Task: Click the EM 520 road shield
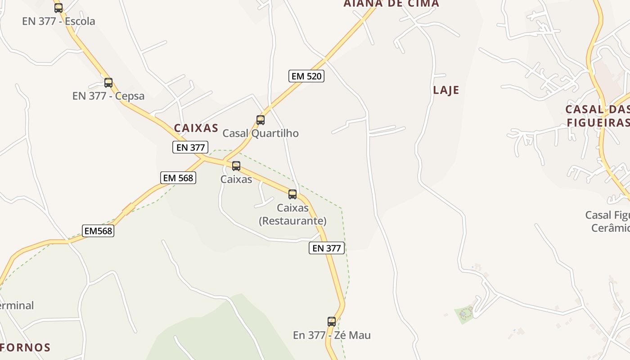click(306, 76)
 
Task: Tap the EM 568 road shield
click(178, 178)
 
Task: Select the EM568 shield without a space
click(98, 231)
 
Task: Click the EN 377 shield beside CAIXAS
click(190, 147)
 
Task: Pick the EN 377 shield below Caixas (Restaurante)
click(326, 248)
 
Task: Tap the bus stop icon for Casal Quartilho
click(260, 120)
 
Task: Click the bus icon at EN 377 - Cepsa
click(108, 82)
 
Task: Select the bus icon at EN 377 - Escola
click(58, 8)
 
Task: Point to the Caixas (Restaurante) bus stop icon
click(292, 194)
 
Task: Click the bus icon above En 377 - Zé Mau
click(331, 321)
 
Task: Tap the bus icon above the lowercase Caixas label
click(236, 166)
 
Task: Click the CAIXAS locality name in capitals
click(196, 128)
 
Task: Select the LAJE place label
click(446, 90)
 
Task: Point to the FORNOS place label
click(25, 347)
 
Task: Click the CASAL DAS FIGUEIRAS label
click(597, 116)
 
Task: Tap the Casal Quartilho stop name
click(261, 133)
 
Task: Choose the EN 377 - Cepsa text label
click(108, 96)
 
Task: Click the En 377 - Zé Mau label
click(332, 335)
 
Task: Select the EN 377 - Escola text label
click(58, 21)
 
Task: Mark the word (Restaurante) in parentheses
click(292, 221)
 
